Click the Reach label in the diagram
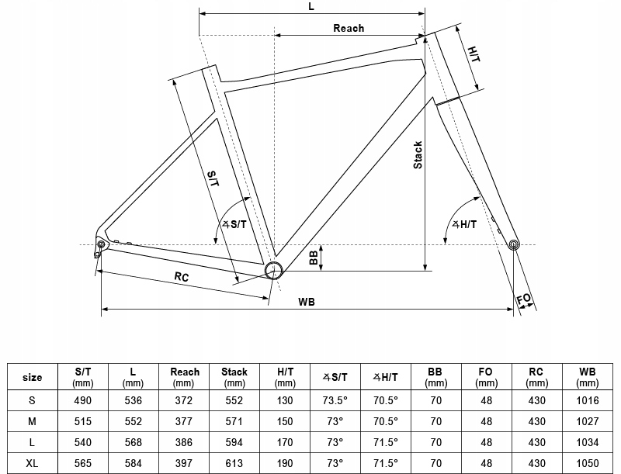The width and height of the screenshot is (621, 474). [349, 29]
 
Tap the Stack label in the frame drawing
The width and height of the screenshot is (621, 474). [418, 155]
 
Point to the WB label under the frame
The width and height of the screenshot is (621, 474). [307, 302]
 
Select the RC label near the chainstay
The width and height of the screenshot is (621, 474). [181, 277]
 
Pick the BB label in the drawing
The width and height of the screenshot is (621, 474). [314, 258]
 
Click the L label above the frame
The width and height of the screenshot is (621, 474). [310, 6]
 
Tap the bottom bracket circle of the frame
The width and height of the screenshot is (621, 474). [273, 270]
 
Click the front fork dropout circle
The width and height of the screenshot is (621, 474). [512, 245]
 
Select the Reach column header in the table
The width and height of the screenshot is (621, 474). [184, 377]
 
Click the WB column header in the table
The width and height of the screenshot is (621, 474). [588, 377]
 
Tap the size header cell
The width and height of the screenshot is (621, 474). [32, 377]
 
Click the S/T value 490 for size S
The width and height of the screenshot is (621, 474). [83, 400]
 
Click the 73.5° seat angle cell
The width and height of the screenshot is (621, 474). [335, 400]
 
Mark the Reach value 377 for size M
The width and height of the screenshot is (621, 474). [184, 420]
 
